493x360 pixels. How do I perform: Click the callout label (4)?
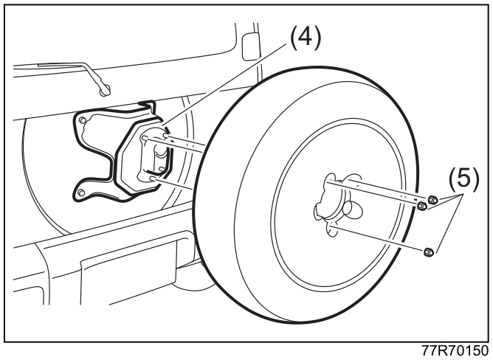click(x=306, y=38)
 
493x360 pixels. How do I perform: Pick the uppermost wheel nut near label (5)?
click(x=432, y=199)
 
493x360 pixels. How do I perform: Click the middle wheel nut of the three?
click(x=422, y=207)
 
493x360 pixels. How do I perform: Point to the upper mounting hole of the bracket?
click(x=83, y=120)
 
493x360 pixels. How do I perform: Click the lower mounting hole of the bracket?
click(x=81, y=193)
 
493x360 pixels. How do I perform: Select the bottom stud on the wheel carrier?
click(x=153, y=179)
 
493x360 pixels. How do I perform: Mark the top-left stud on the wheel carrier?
click(x=145, y=138)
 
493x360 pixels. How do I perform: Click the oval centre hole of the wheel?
click(x=353, y=209)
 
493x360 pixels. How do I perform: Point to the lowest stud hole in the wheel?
click(x=331, y=229)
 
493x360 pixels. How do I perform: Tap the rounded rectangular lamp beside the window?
click(x=249, y=46)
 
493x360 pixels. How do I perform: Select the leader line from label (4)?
click(x=225, y=84)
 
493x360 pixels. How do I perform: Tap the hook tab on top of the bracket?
click(x=148, y=106)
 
